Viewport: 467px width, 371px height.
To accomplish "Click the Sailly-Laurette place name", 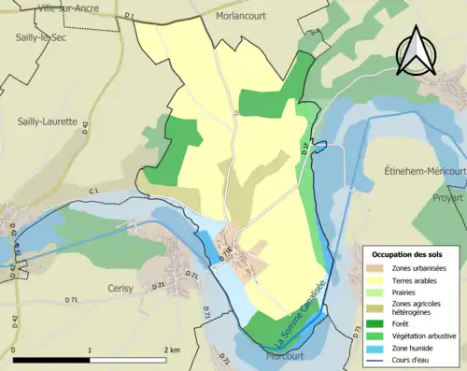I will [x=48, y=121].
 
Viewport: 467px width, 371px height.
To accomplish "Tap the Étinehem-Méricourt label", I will [x=425, y=172].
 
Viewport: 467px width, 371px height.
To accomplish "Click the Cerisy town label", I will [x=122, y=288].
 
